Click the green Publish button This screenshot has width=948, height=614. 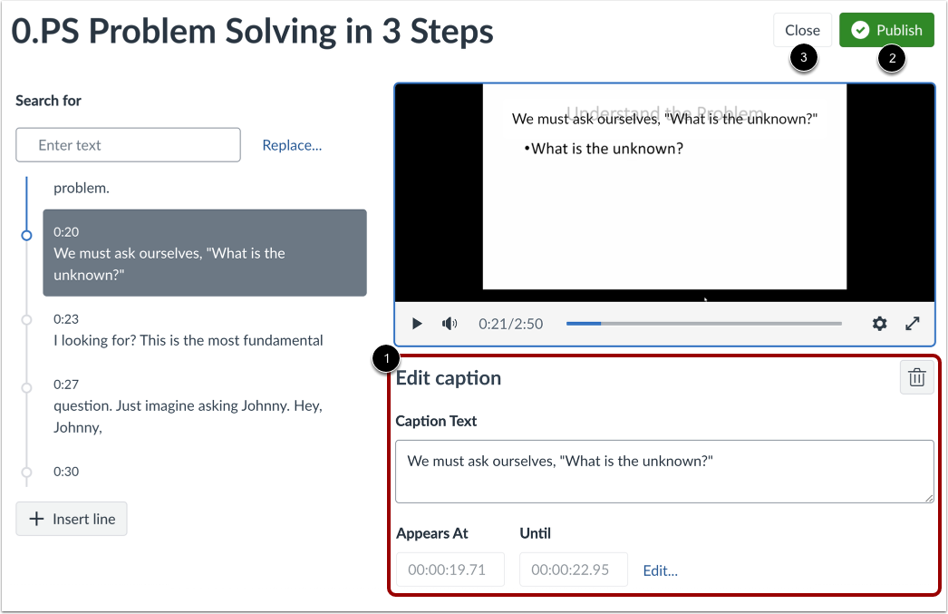tap(885, 30)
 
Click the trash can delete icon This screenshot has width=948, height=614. tap(916, 378)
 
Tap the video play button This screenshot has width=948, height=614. tap(417, 324)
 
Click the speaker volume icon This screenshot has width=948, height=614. tap(450, 324)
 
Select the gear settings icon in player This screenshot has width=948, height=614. tap(879, 324)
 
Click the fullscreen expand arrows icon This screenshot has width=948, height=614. tap(913, 324)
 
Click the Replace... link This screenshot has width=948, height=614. tap(292, 145)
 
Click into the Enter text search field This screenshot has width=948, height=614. tap(128, 145)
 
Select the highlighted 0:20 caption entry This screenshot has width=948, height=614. tap(205, 253)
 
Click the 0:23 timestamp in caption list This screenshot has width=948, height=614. tap(66, 319)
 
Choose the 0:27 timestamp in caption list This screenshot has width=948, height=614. tap(66, 385)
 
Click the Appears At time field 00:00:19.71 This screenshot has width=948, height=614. tap(450, 570)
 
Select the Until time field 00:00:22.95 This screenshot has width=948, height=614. tap(573, 570)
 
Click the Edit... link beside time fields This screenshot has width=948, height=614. tap(660, 570)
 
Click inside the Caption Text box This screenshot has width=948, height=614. tap(663, 472)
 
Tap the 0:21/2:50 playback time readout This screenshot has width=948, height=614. tap(510, 324)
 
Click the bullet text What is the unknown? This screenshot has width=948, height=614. tap(606, 148)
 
